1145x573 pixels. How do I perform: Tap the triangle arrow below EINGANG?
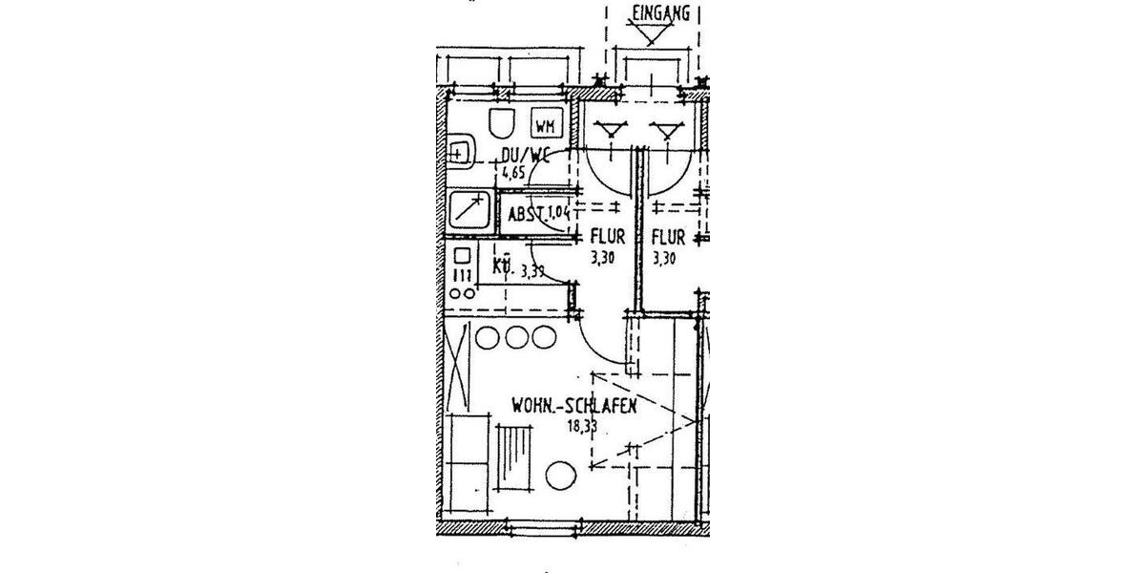[x=652, y=35]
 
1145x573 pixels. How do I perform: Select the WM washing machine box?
[x=546, y=126]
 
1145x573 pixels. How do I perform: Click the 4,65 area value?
[x=515, y=174]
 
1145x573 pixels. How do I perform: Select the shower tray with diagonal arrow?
[x=469, y=210]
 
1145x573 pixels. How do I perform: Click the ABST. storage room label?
[x=525, y=215]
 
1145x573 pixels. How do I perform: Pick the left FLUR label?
[x=606, y=237]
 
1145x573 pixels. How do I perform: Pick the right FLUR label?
[x=668, y=237]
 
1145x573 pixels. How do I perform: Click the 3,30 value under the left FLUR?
[x=602, y=257]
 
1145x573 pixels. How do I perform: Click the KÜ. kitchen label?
[x=503, y=267]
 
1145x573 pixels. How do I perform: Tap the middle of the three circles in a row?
[x=518, y=337]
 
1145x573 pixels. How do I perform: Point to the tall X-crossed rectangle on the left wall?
[x=458, y=368]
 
